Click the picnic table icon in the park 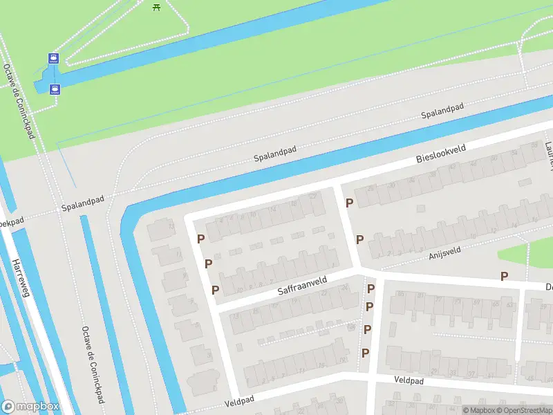tap(156, 6)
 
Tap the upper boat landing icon tap(53, 58)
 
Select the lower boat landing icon tap(55, 89)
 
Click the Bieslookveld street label tap(442, 154)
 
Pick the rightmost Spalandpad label tap(442, 111)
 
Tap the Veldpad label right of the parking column tap(408, 380)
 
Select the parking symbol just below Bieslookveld tap(350, 203)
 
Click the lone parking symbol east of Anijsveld tap(505, 276)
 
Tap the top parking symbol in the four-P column tap(371, 288)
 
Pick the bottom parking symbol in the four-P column tap(366, 353)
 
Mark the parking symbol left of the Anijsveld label tap(359, 239)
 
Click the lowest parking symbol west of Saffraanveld tap(216, 290)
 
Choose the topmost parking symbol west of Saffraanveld tap(201, 239)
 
